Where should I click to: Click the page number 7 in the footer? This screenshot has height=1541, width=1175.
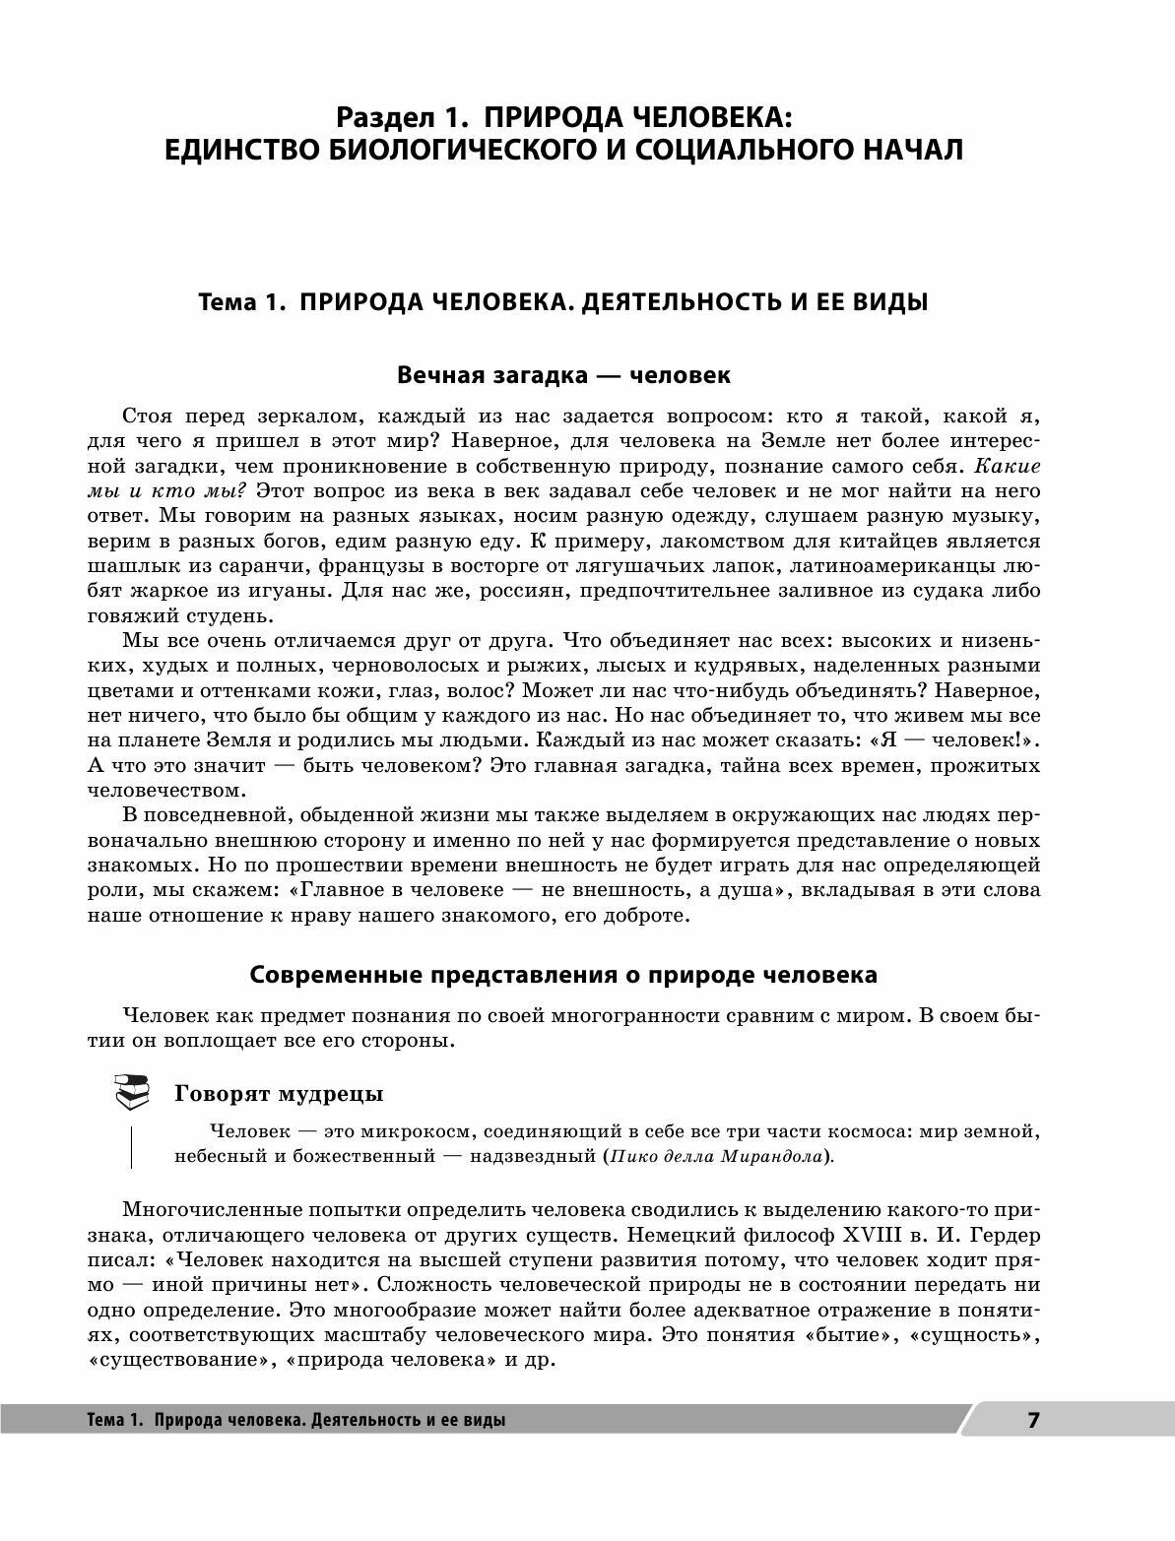point(1033,1420)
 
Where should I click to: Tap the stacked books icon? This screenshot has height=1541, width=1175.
point(131,1091)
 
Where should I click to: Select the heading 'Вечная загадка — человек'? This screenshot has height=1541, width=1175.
point(562,375)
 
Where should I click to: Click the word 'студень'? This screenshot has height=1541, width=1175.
point(228,616)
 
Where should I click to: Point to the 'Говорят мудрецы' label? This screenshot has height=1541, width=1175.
point(279,1093)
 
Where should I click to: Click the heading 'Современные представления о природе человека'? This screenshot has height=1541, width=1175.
point(562,975)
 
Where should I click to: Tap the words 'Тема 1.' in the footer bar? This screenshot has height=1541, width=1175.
point(115,1421)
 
